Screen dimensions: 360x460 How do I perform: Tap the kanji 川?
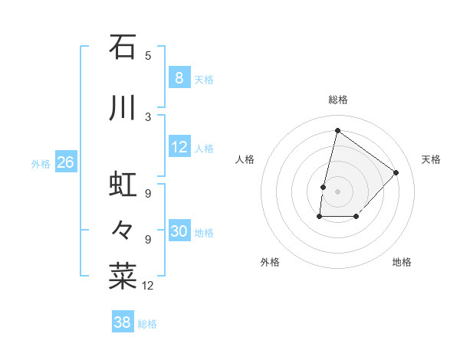(123, 108)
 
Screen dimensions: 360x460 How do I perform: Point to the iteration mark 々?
(123, 229)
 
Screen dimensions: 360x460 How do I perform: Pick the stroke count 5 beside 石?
(148, 55)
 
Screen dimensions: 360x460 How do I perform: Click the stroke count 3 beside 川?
(148, 116)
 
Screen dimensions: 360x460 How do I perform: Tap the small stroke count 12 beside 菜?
(149, 286)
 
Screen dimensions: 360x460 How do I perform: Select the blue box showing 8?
(179, 77)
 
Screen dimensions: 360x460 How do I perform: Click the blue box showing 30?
(179, 231)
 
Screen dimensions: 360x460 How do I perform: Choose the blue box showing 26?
(65, 162)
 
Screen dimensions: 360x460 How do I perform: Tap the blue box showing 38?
(122, 322)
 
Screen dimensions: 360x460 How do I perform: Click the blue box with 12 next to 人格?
(179, 147)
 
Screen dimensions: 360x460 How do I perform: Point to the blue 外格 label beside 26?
(41, 163)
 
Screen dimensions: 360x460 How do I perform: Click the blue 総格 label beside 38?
(147, 324)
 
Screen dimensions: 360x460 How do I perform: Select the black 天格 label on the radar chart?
(431, 159)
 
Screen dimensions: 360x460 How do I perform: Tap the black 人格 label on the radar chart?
(245, 159)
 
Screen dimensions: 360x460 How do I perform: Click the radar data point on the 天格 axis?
(396, 172)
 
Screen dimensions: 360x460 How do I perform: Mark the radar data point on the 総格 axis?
(337, 130)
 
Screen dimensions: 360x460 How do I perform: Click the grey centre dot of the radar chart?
(337, 191)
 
